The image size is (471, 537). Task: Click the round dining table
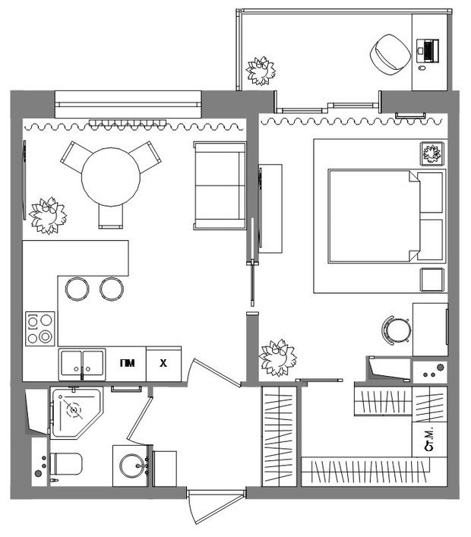pyautogui.click(x=111, y=177)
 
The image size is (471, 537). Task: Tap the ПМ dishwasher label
pyautogui.click(x=127, y=363)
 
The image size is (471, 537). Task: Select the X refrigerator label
pyautogui.click(x=163, y=363)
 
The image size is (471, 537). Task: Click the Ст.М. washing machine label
pyautogui.click(x=429, y=439)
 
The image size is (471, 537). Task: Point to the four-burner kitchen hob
pyautogui.click(x=40, y=328)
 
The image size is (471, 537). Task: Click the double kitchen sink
pyautogui.click(x=82, y=365)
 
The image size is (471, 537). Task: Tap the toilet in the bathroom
pyautogui.click(x=66, y=464)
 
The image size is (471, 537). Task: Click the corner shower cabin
pyautogui.click(x=77, y=413)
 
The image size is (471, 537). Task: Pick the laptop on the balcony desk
pyautogui.click(x=428, y=51)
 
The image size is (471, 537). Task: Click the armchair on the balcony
pyautogui.click(x=390, y=54)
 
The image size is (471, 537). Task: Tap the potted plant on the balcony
pyautogui.click(x=261, y=71)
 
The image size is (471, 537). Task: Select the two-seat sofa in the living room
pyautogui.click(x=220, y=185)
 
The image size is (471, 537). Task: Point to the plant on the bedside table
pyautogui.click(x=432, y=153)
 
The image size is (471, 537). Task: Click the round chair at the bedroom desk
pyautogui.click(x=397, y=330)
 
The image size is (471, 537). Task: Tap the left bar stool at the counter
pyautogui.click(x=77, y=289)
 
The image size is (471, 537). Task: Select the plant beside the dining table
pyautogui.click(x=48, y=216)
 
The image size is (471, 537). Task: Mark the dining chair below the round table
pyautogui.click(x=111, y=216)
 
